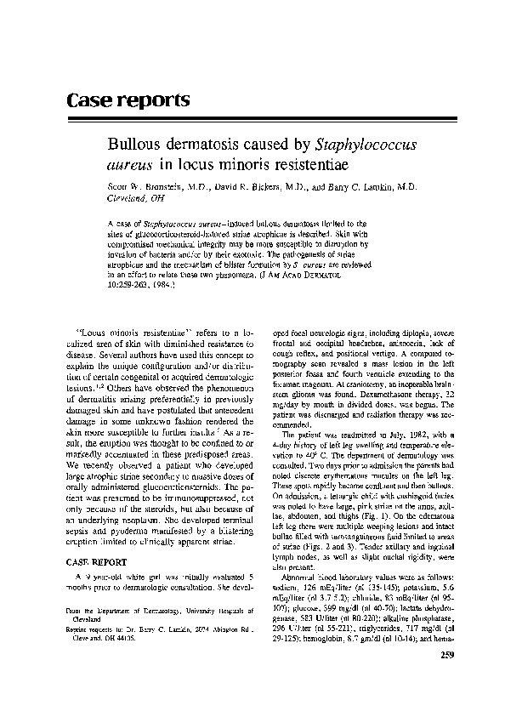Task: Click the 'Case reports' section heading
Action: click(128, 100)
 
